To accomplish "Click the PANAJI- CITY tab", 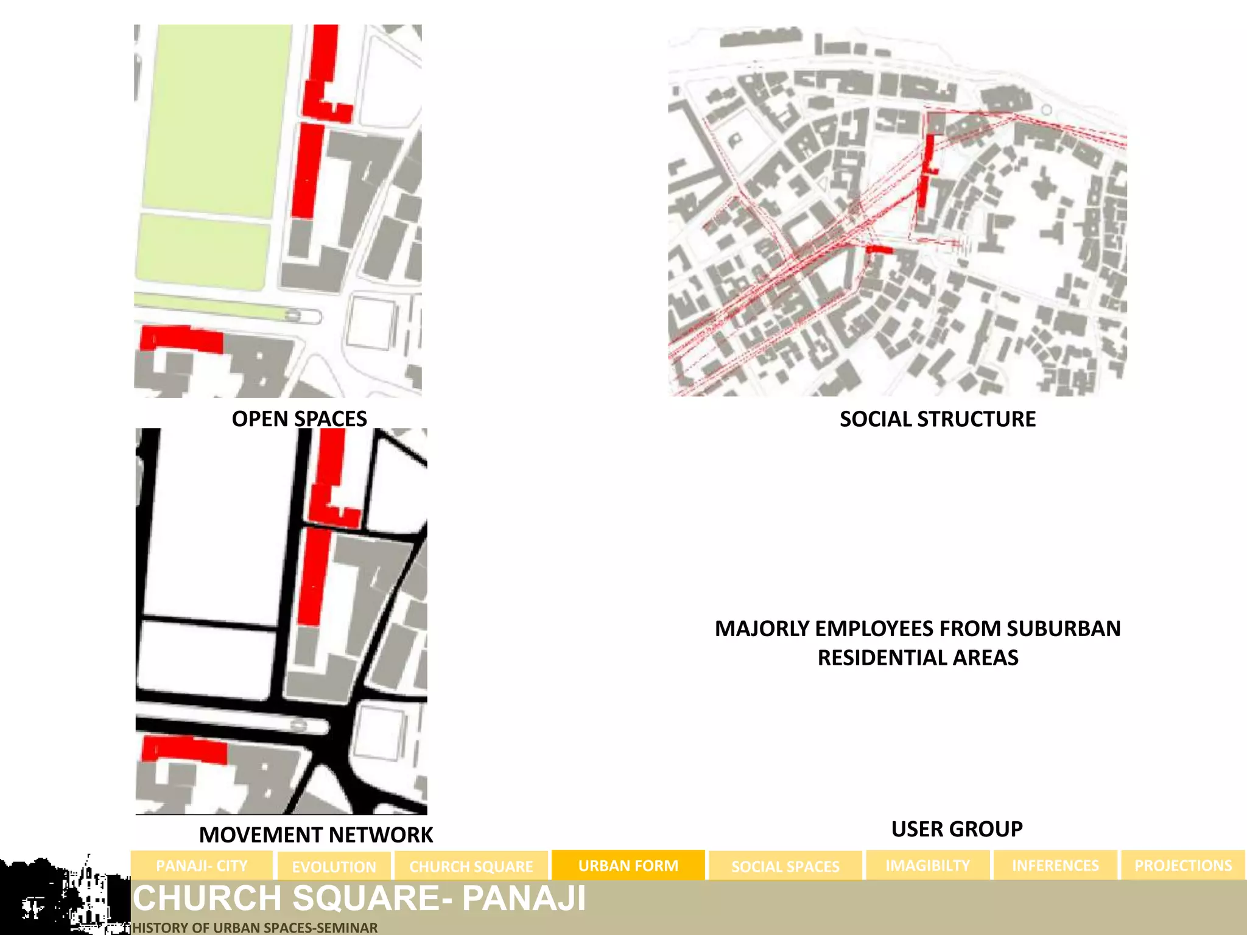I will click(202, 866).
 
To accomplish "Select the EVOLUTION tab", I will click(334, 866).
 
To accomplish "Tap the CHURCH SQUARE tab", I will click(471, 866).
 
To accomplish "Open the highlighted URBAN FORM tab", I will click(628, 866).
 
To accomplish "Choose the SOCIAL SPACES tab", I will click(785, 866).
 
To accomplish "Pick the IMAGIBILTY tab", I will click(927, 866).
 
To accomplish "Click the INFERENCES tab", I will click(1055, 866).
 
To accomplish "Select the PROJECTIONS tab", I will click(1182, 866).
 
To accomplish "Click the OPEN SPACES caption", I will click(299, 419).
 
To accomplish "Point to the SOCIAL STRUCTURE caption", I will click(937, 419).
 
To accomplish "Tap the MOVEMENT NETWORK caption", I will click(316, 835).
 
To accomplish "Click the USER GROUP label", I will click(957, 829).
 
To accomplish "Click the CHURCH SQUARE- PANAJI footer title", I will click(359, 898).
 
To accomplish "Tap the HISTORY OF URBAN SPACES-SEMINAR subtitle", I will click(255, 928).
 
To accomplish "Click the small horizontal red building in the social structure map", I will click(879, 250).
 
